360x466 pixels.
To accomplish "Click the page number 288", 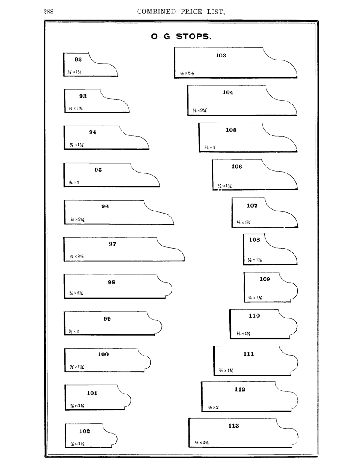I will coord(48,12).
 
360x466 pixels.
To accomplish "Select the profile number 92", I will coord(78,60).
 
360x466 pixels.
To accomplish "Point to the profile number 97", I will coord(112,244).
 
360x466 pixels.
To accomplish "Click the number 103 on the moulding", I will coord(221,55).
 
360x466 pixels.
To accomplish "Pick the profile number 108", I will coord(254,239).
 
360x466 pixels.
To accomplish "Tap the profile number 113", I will coord(233,425).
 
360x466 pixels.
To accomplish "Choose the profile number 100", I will coord(103,354).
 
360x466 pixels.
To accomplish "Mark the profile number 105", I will coord(231,129).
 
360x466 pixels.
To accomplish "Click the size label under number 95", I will coord(74,183).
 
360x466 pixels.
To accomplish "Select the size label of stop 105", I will coord(210,148).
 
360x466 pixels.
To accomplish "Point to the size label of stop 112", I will coord(213,407).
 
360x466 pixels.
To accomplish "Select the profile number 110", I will coord(254,315).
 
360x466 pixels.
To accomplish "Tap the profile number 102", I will coord(85,431).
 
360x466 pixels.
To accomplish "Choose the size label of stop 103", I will coord(187,74).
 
